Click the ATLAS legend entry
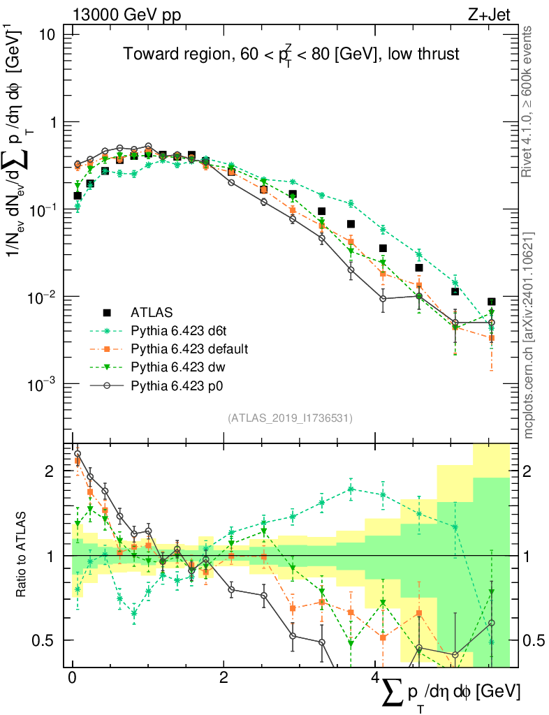point(152,311)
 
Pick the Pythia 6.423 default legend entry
point(189,348)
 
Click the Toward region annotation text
point(291,55)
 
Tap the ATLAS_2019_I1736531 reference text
point(290,418)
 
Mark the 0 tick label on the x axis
point(72,679)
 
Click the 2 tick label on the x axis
point(224,679)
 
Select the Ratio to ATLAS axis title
point(21,555)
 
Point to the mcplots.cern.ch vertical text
point(529,335)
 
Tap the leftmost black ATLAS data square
point(78,196)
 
